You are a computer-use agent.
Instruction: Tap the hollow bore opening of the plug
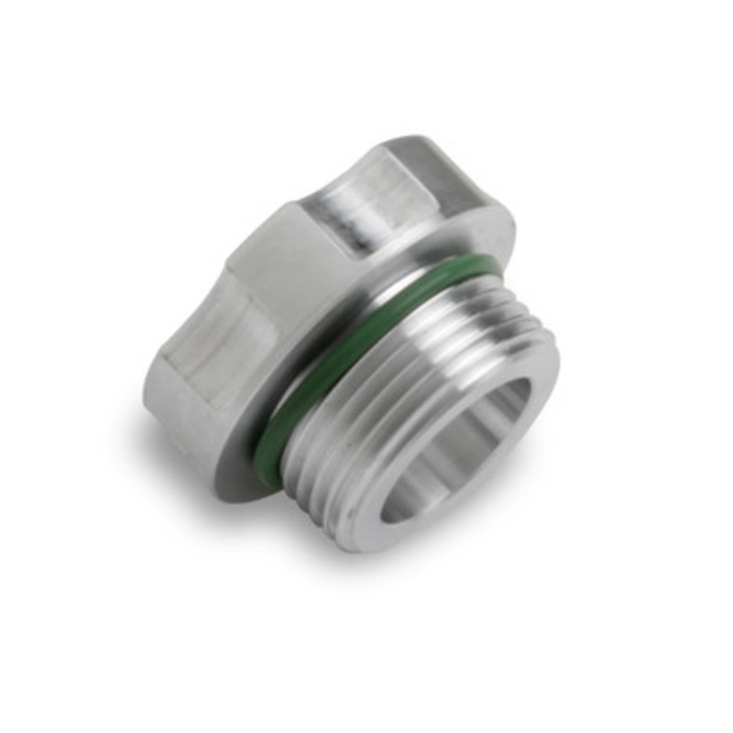coord(458,449)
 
